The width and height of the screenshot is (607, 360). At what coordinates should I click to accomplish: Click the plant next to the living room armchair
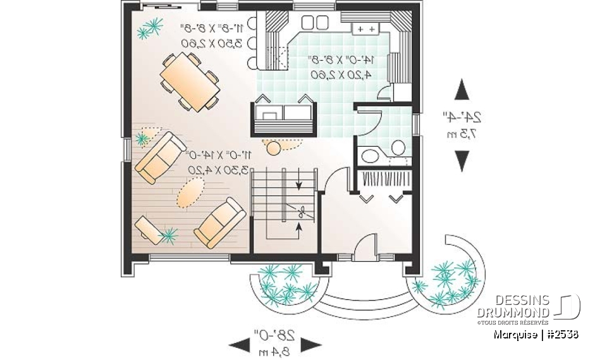tap(168, 235)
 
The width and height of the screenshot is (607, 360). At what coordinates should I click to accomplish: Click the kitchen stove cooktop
tap(365, 29)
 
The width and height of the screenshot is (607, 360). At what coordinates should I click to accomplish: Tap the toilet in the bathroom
tap(398, 147)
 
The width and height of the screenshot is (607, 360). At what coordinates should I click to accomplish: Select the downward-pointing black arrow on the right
tap(463, 161)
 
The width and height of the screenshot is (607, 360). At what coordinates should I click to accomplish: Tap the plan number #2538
tap(563, 334)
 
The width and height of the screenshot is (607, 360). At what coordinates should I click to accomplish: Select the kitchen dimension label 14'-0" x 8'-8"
tap(341, 60)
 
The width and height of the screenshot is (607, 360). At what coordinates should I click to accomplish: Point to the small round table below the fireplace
tap(274, 148)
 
